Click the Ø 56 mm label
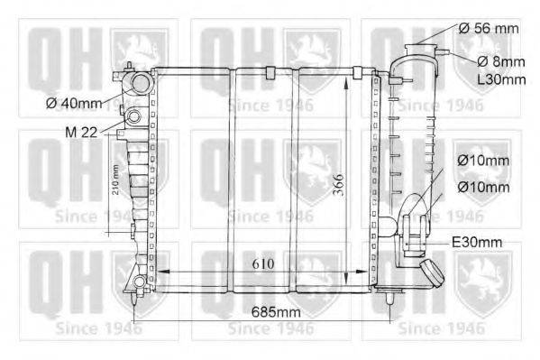point(488,28)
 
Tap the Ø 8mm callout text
point(487,61)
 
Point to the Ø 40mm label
point(77,102)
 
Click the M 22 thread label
point(82,133)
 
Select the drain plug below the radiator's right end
point(389,294)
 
